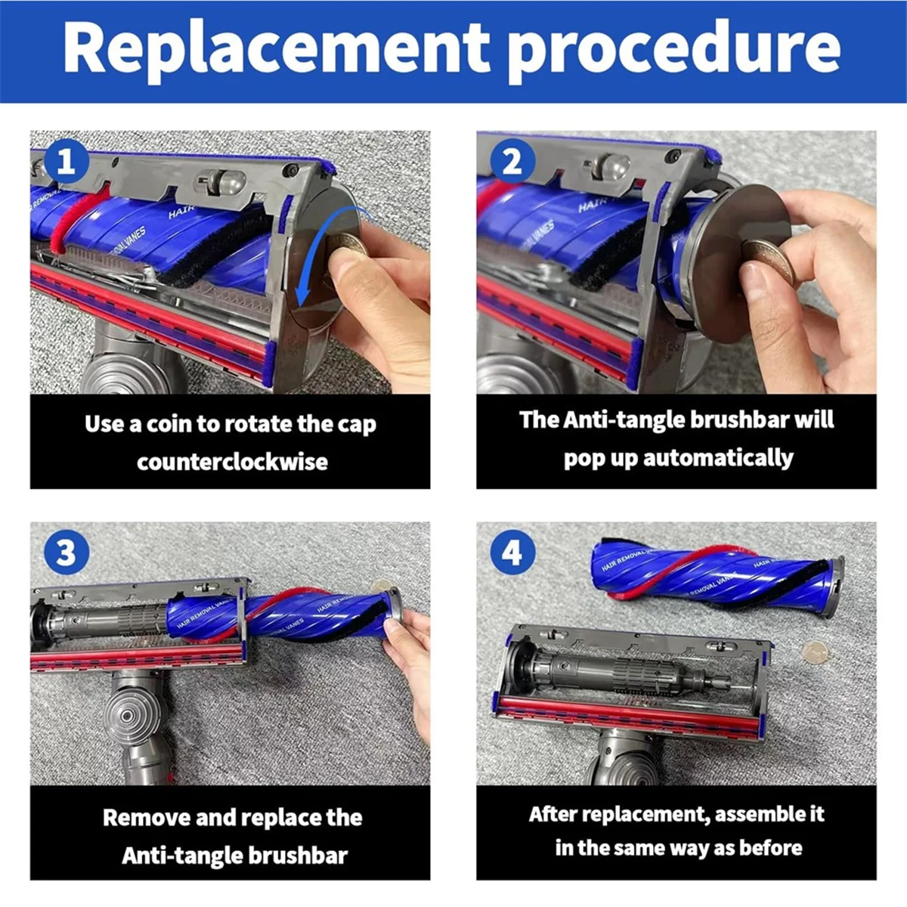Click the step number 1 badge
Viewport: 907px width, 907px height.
click(x=67, y=162)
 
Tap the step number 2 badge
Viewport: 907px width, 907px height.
click(x=512, y=162)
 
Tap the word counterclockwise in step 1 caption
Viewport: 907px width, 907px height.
click(x=233, y=463)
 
